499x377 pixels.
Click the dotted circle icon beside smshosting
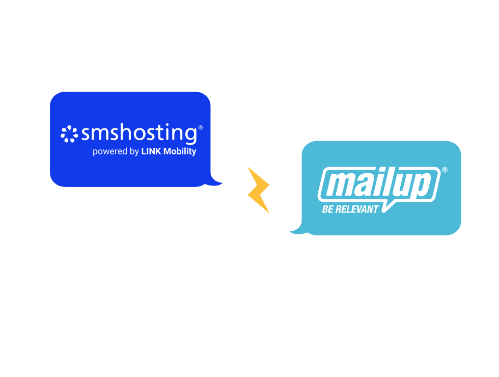[69, 134]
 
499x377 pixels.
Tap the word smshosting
[138, 134]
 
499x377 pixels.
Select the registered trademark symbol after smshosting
[200, 128]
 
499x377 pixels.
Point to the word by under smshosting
[134, 151]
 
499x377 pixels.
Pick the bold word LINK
[151, 151]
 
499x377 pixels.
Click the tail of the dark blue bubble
[217, 181]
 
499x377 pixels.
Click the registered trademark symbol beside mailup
[445, 170]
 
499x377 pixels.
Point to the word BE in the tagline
[327, 209]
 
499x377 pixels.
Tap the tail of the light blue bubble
[297, 231]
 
